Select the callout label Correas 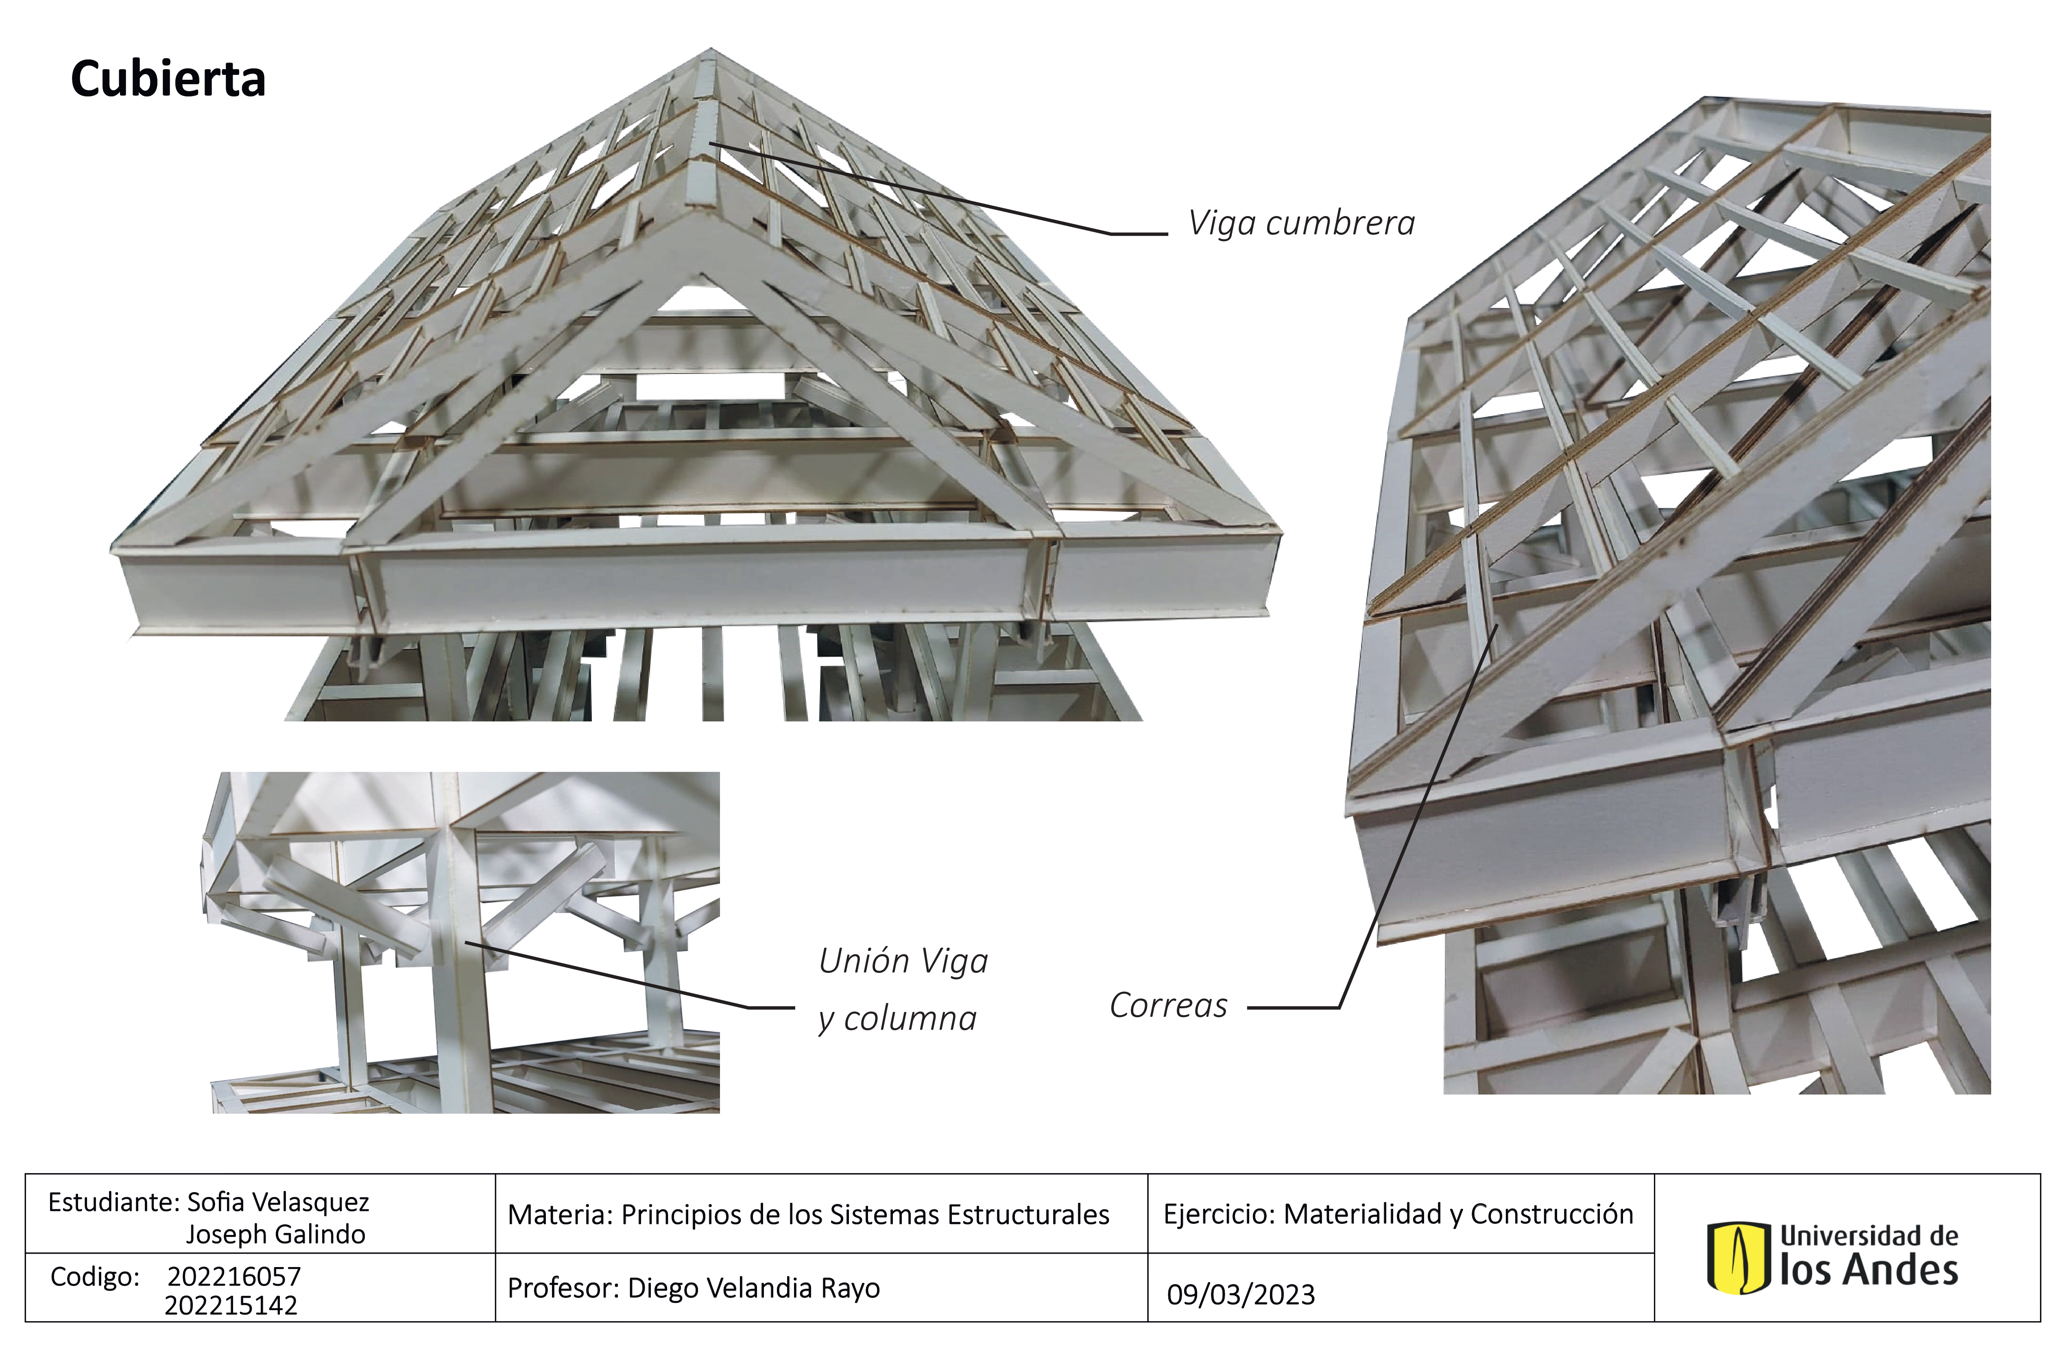(1168, 1005)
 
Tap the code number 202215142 (231, 1305)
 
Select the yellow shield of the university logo (1738, 1257)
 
